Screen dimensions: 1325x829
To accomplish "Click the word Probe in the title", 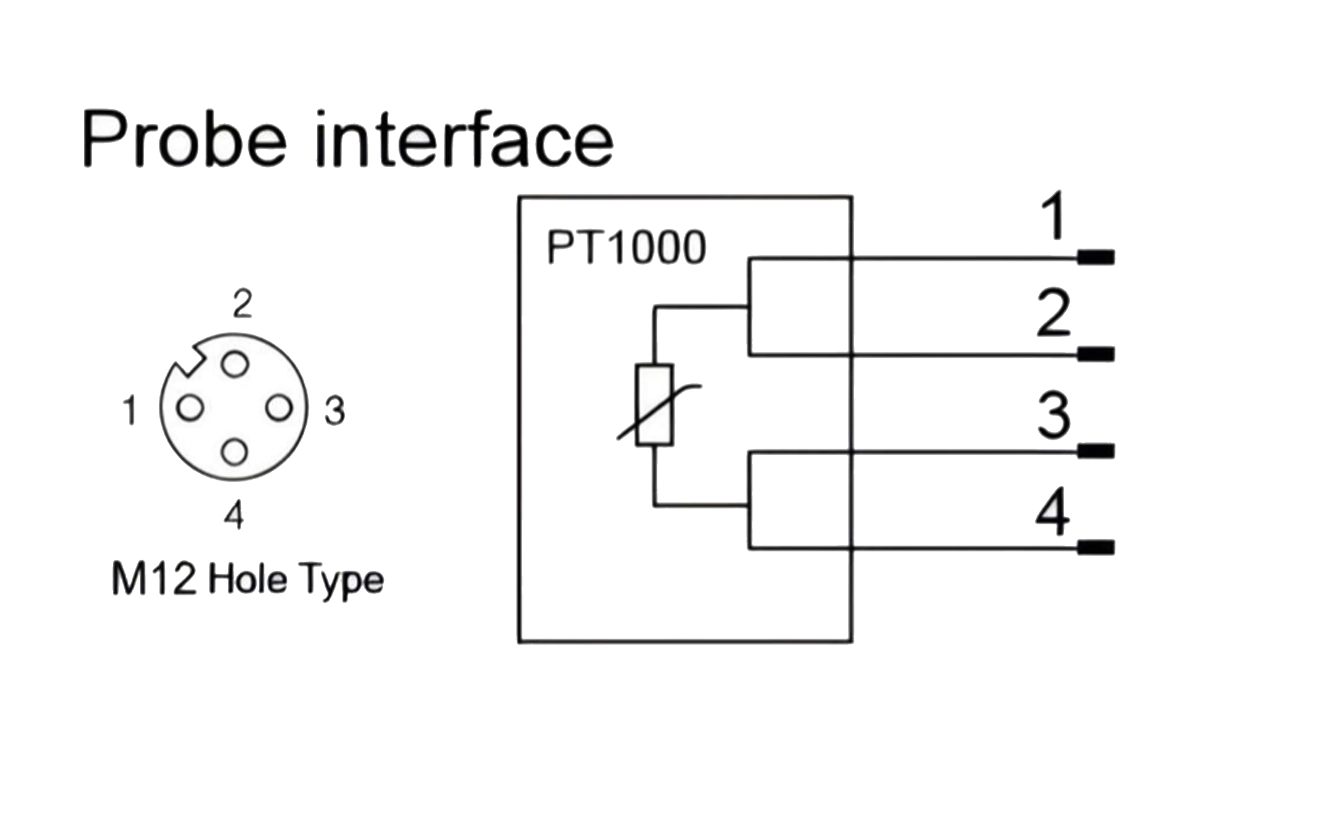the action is click(x=185, y=139).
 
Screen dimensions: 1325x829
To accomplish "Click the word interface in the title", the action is click(x=465, y=139).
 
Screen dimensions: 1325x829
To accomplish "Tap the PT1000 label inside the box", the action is click(x=626, y=248).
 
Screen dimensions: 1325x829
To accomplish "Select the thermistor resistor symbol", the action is click(x=655, y=405).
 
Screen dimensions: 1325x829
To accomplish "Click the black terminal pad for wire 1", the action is click(x=1096, y=257).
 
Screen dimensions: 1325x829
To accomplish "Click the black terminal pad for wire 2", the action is click(x=1096, y=354).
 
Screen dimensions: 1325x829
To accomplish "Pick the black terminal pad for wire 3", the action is click(x=1096, y=451).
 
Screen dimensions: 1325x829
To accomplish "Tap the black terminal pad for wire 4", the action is click(x=1096, y=547).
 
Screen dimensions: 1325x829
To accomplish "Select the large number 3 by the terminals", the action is click(x=1053, y=415).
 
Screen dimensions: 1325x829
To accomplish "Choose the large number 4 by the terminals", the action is click(x=1053, y=511).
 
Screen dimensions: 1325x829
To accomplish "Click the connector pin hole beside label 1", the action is click(x=190, y=408).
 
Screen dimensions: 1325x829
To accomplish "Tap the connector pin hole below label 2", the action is click(x=235, y=363).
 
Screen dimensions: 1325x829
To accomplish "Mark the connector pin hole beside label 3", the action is click(x=279, y=408).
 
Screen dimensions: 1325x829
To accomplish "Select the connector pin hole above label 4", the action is click(x=234, y=452).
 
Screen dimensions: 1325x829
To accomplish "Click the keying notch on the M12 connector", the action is click(x=189, y=362).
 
